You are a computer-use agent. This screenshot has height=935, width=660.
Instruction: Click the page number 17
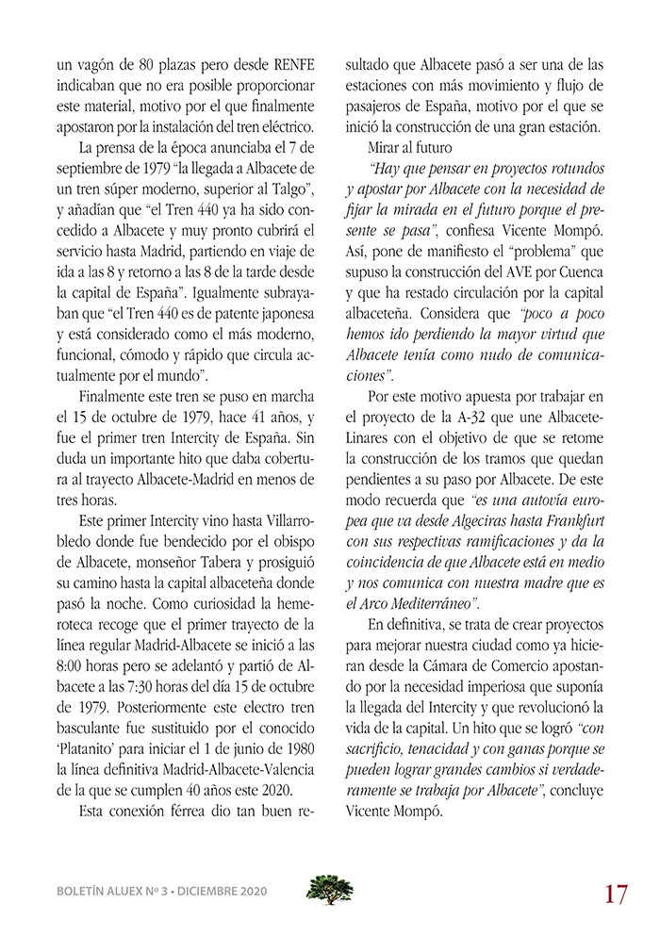pos(616,892)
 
